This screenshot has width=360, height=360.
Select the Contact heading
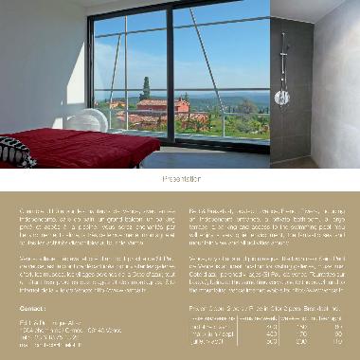[32, 281]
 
